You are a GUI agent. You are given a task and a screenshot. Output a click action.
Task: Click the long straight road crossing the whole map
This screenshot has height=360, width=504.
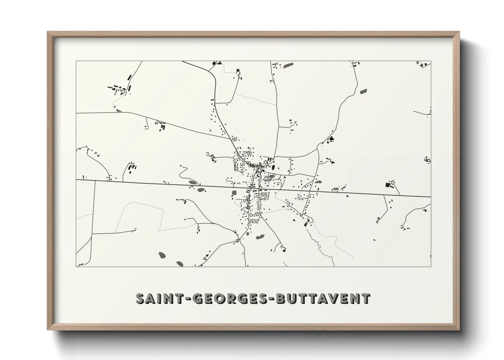[170, 184]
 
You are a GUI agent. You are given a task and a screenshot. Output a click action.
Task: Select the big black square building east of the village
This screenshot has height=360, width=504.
[387, 185]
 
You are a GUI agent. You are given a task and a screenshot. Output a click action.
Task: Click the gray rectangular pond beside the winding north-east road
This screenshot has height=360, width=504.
[364, 91]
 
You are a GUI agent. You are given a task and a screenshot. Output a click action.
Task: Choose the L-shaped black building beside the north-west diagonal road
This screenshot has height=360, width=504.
[162, 128]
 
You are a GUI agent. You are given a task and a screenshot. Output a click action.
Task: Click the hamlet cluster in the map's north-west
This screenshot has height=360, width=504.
[119, 89]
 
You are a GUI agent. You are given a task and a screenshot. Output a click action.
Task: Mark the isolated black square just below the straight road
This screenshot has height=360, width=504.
[347, 196]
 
